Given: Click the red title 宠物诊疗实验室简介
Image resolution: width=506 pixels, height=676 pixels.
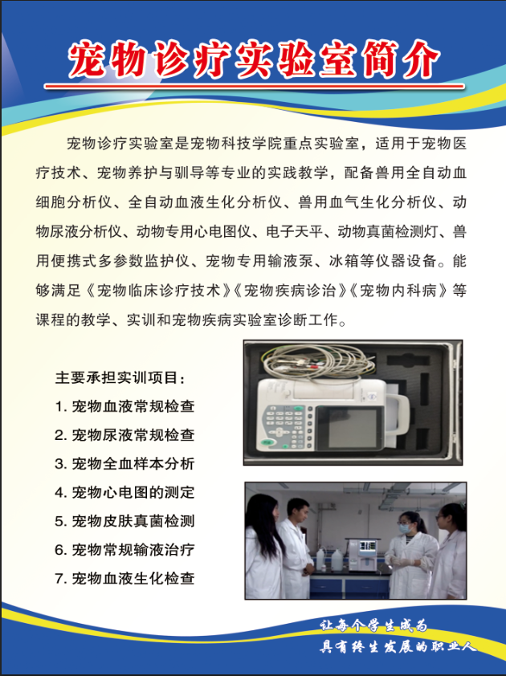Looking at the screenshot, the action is pos(254,59).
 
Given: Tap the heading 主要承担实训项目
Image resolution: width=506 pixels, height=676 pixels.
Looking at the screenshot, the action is pos(120,377).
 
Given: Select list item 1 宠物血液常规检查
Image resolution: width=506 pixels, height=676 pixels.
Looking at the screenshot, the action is pos(124,406).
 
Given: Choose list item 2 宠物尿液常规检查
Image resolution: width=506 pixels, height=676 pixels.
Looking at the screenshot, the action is pos(124,435).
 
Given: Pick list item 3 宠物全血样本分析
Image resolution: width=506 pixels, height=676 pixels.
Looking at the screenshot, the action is pos(124,464).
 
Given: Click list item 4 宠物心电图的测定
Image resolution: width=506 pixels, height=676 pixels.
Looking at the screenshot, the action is pos(124,492).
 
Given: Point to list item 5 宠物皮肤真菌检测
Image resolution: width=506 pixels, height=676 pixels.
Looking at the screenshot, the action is pos(124,521).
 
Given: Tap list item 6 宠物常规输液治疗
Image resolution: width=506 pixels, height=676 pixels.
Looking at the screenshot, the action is pos(124,550).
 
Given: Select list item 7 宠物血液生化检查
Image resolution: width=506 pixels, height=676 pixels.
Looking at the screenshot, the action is pos(124,579).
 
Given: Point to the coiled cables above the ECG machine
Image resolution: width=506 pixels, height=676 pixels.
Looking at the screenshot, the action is pos(318,363).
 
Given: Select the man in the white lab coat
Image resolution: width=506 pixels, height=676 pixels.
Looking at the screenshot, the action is pos(296,548).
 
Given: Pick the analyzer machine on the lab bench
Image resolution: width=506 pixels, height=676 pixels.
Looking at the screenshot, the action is pos(363,553).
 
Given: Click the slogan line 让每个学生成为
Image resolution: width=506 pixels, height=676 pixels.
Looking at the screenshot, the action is pos(374,625).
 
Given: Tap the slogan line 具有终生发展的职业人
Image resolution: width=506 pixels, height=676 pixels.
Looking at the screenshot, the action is pos(398,646).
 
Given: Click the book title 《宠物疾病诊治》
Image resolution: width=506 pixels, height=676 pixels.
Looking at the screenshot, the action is pos(290,291).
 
